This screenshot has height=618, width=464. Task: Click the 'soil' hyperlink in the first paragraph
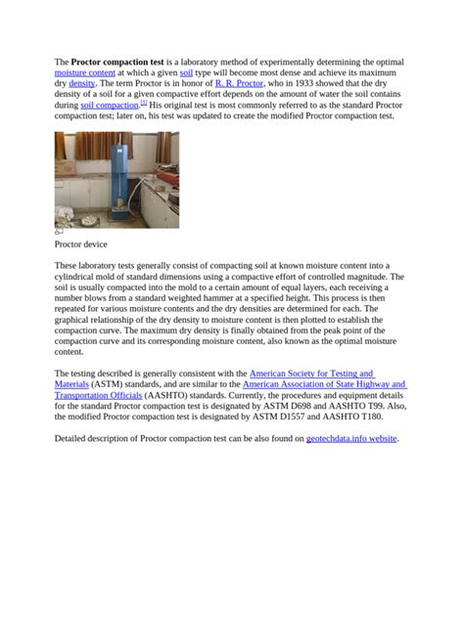(x=186, y=73)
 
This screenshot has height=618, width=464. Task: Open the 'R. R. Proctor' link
(x=238, y=84)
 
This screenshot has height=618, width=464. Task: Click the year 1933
(x=302, y=84)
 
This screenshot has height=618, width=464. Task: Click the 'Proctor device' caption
(x=80, y=243)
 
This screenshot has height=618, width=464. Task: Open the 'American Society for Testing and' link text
(x=311, y=374)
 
